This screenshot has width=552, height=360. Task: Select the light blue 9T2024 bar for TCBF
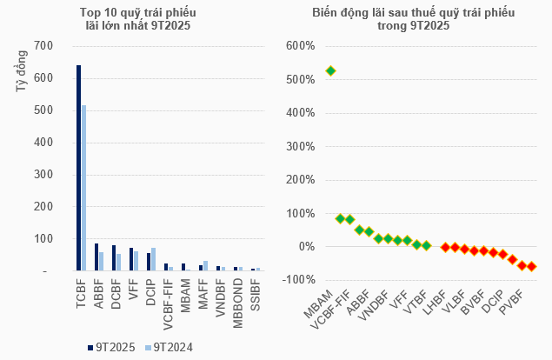point(84,188)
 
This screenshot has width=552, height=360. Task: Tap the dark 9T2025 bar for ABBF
point(96,257)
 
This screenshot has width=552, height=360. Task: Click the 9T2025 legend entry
point(110,347)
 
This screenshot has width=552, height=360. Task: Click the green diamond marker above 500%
point(330,70)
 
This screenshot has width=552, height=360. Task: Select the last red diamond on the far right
point(532,267)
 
